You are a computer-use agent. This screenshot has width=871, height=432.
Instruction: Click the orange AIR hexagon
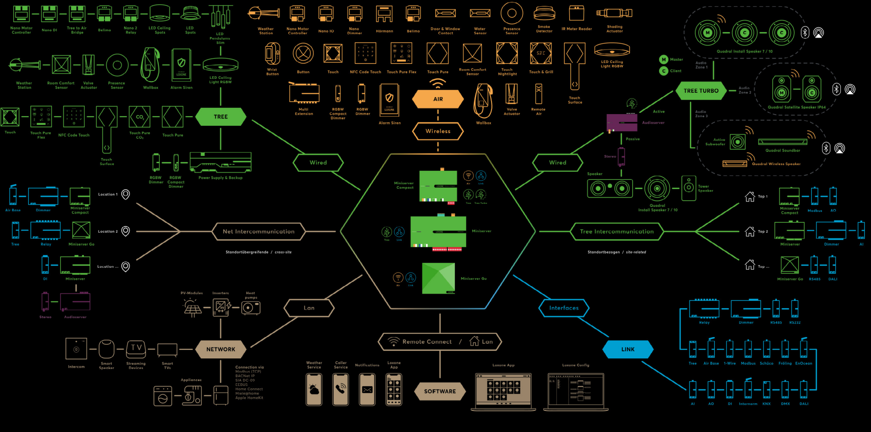click(x=438, y=99)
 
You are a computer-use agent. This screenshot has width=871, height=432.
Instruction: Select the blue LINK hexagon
click(x=628, y=350)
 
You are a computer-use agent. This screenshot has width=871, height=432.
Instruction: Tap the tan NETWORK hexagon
click(x=221, y=350)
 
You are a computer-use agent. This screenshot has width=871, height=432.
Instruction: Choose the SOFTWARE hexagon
click(x=440, y=391)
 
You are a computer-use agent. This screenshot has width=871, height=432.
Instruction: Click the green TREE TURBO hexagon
click(x=701, y=91)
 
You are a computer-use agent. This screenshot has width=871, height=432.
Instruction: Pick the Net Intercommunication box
click(x=258, y=231)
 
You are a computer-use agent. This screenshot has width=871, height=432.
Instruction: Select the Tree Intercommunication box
click(x=617, y=231)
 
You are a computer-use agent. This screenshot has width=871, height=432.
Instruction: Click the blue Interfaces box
click(x=564, y=308)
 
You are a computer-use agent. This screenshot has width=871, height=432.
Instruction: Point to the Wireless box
click(x=438, y=131)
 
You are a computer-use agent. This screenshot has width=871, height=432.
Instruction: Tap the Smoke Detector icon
click(x=544, y=14)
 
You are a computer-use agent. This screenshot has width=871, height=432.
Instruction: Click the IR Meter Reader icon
click(x=576, y=13)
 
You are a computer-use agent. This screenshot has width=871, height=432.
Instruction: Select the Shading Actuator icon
click(x=614, y=13)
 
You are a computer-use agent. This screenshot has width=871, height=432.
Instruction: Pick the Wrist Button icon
click(x=272, y=54)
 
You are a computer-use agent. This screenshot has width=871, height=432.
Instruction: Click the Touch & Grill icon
click(x=541, y=53)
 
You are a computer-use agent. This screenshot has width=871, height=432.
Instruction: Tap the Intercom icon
click(x=76, y=349)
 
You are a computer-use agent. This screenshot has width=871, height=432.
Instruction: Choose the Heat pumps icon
click(x=250, y=308)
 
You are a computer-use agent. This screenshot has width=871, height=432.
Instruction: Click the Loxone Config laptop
click(x=575, y=391)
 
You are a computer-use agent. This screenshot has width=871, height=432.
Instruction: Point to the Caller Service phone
click(x=341, y=389)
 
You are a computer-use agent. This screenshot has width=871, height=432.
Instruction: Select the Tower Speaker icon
click(x=689, y=188)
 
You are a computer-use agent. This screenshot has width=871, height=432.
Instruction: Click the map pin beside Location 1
click(x=126, y=194)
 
